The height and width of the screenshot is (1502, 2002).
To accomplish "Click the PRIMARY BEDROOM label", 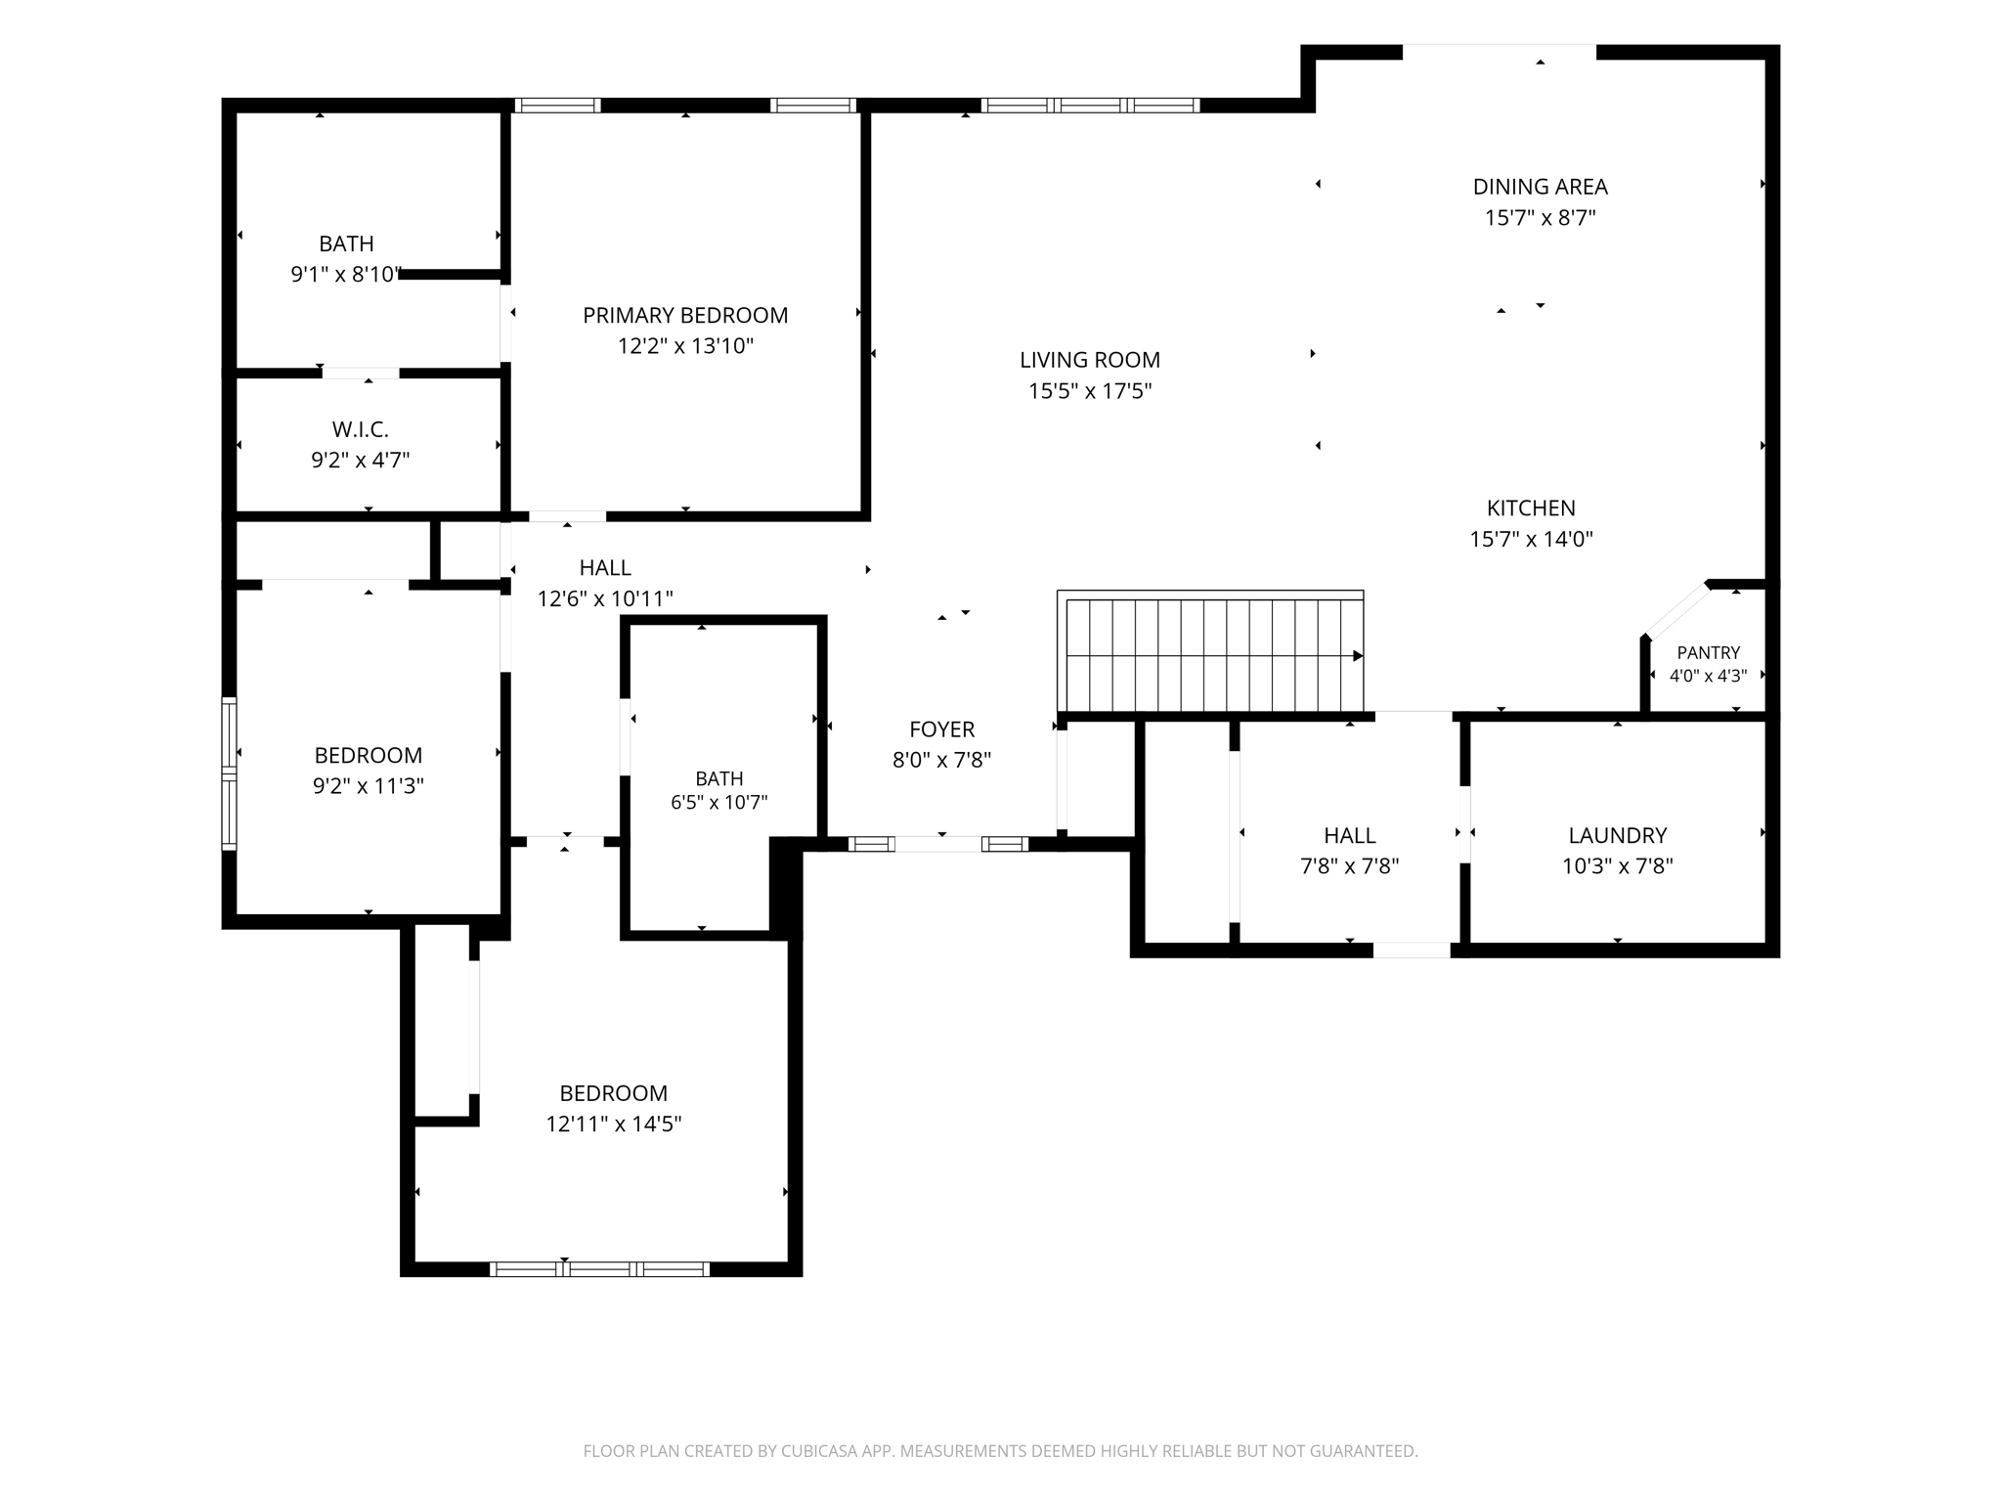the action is tap(685, 315).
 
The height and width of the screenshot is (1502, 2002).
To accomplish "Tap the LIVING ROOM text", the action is tap(1090, 360).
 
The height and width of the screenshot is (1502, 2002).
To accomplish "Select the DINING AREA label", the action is tap(1541, 187).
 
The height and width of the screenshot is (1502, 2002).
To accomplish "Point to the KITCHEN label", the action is tap(1531, 508).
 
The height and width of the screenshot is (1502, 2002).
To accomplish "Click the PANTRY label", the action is tap(1709, 653).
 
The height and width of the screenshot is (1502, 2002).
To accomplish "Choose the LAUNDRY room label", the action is tap(1618, 836).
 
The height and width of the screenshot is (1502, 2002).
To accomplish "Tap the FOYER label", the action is tap(942, 729).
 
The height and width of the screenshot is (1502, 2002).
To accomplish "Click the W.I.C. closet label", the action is tap(361, 429).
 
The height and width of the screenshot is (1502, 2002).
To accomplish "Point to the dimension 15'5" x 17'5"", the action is tap(1090, 391).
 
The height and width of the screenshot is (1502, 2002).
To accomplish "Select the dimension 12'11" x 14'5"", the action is tap(614, 1125).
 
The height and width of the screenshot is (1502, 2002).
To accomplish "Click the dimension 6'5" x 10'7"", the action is tap(719, 803).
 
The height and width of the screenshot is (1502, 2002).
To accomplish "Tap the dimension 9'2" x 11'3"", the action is tap(369, 786).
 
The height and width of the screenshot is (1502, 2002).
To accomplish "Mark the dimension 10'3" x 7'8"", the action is tap(1618, 866).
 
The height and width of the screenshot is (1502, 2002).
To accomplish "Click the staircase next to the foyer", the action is tap(1210, 651).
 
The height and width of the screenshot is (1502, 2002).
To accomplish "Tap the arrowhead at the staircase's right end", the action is tap(1358, 656).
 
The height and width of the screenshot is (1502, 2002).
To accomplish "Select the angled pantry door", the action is tap(1678, 610).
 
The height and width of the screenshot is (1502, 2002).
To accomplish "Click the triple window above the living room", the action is tap(1090, 106).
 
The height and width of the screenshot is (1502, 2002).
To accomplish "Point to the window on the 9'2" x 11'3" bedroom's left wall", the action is tap(229, 773).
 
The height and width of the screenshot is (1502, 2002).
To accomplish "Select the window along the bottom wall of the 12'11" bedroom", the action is tap(599, 1269).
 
